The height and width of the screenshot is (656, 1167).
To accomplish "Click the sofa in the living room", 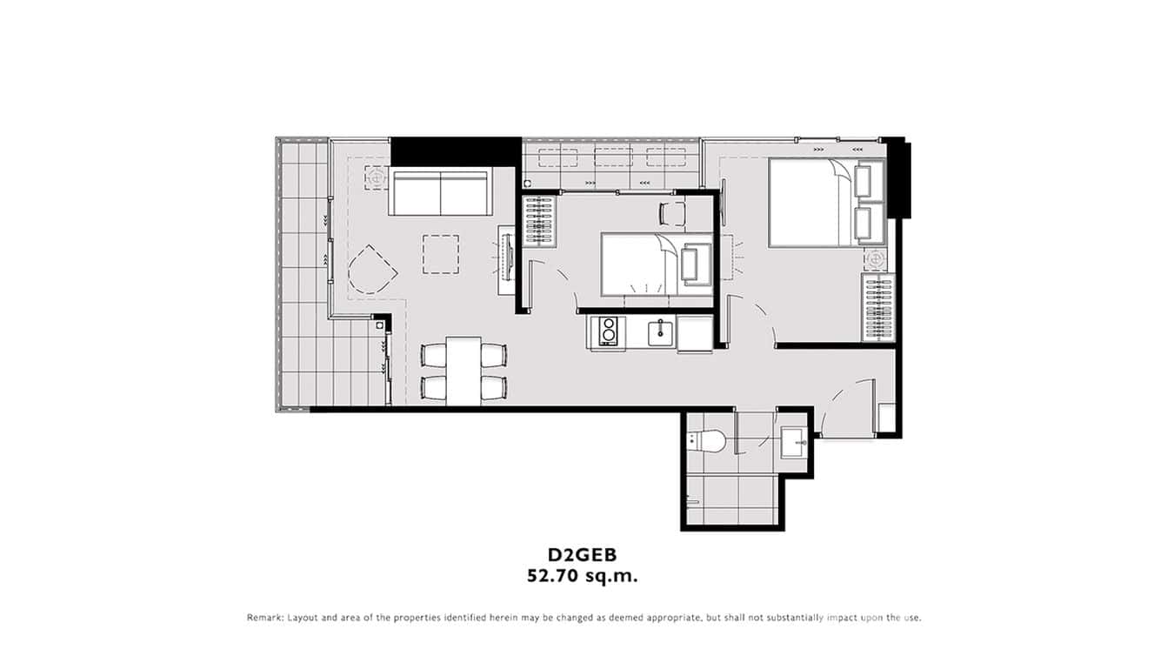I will (x=440, y=192).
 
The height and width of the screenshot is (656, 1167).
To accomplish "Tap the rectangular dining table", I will (x=464, y=371).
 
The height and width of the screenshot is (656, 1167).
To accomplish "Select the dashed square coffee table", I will (x=441, y=254).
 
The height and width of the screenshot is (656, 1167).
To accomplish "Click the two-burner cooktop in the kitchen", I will (x=608, y=331).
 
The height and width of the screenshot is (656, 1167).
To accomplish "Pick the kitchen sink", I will (x=660, y=330).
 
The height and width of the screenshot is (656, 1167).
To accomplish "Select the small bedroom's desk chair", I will (x=672, y=212).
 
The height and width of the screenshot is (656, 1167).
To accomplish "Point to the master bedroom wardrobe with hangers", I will (x=877, y=307).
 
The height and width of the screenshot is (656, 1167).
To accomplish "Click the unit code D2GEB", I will (x=582, y=554).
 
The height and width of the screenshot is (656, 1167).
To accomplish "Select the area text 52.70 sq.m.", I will (x=582, y=575).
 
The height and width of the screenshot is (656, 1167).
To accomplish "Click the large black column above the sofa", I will (x=455, y=150).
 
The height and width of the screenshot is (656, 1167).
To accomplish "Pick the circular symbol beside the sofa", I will (x=377, y=177).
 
